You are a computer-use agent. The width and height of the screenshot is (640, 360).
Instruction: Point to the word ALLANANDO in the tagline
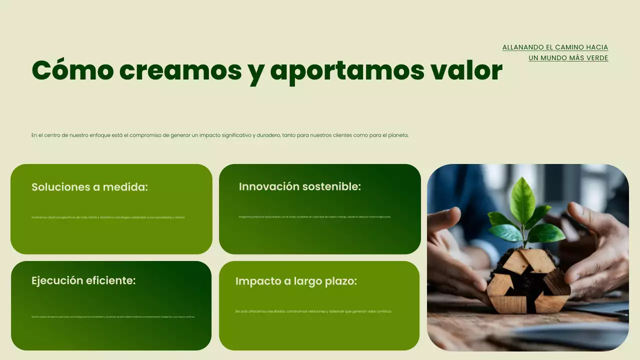tap(523, 47)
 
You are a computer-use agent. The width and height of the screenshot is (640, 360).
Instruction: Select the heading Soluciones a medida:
tap(90, 187)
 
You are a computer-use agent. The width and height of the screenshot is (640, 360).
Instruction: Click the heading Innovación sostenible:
tap(300, 186)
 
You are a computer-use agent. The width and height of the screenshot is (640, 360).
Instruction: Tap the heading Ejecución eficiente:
tap(83, 280)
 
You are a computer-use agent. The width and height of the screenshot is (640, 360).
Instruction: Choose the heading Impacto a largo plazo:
tap(296, 281)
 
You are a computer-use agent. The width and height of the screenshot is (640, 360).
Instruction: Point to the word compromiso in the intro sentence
tap(145, 135)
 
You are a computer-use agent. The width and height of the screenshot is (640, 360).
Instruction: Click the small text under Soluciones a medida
tap(108, 217)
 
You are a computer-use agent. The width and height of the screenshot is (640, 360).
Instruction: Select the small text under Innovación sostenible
tap(315, 217)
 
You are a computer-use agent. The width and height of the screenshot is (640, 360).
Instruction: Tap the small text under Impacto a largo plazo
tap(313, 311)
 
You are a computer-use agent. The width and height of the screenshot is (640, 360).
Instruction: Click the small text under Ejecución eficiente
tap(113, 316)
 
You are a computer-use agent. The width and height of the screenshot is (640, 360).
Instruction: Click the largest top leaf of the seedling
tap(522, 199)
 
